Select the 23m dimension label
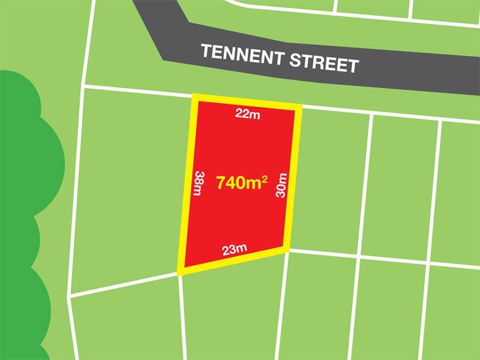point(235,250)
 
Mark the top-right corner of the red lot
point(298,108)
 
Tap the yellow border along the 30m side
point(292,180)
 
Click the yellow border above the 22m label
point(247,103)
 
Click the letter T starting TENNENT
point(205,51)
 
